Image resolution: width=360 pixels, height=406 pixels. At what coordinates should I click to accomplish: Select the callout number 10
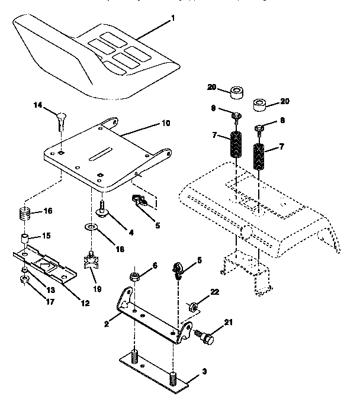[x=165, y=124]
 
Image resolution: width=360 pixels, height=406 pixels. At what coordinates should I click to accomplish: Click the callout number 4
[x=131, y=233]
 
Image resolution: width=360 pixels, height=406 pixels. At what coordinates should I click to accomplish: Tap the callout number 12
[x=85, y=304]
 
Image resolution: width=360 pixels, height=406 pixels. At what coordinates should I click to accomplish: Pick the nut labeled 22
[x=192, y=307]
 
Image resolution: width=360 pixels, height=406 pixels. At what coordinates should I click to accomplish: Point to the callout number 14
[x=38, y=105]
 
